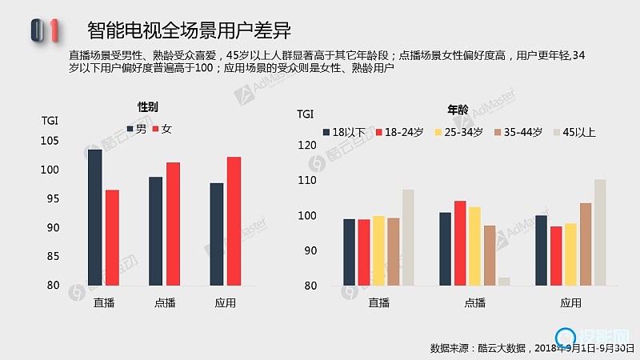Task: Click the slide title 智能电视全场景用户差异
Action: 188,30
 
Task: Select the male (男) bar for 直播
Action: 94,217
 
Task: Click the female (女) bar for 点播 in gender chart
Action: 173,223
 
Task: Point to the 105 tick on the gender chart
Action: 50,142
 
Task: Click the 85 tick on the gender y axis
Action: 53,257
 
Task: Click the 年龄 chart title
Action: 458,110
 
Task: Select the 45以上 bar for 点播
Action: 504,282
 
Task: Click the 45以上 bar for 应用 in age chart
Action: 600,232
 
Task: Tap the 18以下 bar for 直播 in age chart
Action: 349,252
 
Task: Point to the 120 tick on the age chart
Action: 307,146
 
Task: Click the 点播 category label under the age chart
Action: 474,303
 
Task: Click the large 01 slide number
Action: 45,30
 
